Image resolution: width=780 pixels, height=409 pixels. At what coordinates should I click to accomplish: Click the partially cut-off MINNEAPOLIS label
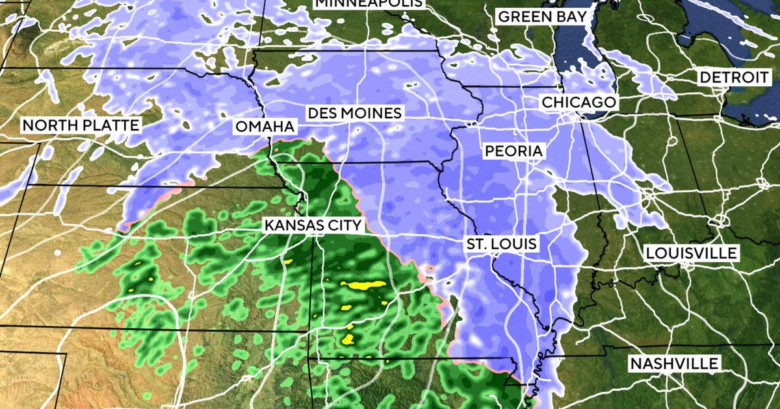pos(369,3)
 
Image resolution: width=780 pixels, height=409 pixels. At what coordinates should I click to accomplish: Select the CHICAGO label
pos(578,103)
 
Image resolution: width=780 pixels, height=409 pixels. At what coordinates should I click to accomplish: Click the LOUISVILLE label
pos(692,253)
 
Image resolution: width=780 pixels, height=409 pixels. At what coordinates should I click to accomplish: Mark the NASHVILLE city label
pos(674,364)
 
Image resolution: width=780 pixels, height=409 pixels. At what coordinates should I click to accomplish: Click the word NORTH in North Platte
pos(49,125)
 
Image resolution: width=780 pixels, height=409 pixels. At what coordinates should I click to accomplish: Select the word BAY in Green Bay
pos(572,17)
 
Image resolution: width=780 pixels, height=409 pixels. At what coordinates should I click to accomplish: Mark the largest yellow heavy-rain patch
pos(363,284)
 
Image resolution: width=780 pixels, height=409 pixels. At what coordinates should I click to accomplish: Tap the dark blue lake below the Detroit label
pos(747,104)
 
